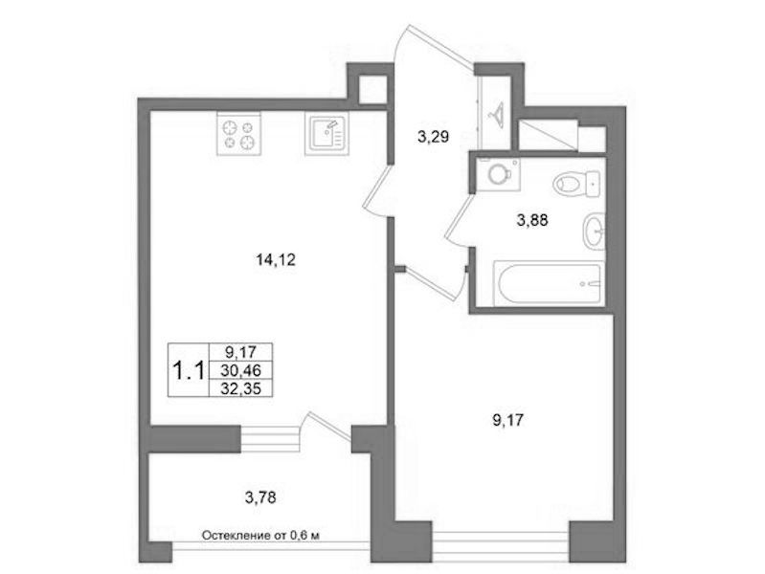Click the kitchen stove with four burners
[239, 134]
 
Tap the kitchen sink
[326, 134]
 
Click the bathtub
[549, 284]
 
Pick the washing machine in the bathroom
[499, 173]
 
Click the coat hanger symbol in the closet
[498, 115]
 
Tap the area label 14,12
[276, 260]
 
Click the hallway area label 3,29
[433, 137]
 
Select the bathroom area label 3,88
[532, 221]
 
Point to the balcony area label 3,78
[260, 497]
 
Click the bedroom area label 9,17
[507, 420]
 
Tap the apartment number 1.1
[189, 371]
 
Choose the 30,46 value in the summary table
[240, 370]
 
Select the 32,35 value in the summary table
[240, 388]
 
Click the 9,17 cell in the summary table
[240, 351]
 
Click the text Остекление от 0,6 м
[261, 536]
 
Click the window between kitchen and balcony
[270, 439]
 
